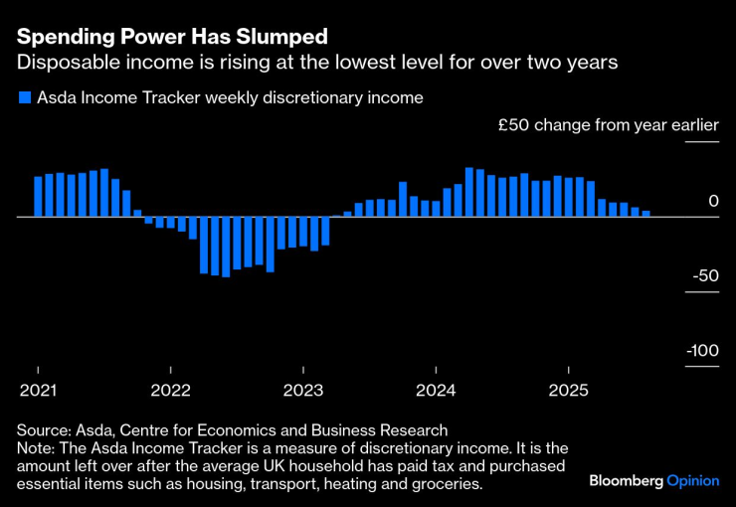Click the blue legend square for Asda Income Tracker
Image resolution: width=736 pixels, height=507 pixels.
(x=23, y=98)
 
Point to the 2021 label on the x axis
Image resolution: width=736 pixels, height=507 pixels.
(x=38, y=390)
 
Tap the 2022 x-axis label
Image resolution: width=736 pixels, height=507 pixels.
(x=170, y=390)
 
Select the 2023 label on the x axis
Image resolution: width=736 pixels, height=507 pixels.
(x=303, y=390)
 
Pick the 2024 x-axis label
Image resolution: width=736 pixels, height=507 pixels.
(x=436, y=390)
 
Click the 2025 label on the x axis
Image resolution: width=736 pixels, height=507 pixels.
(x=568, y=390)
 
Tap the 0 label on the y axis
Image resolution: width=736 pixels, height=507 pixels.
(x=712, y=201)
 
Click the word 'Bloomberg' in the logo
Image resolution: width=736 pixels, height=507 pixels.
(x=626, y=480)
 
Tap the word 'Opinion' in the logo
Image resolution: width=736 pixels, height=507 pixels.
(x=692, y=480)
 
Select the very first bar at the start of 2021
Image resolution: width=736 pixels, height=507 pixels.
(x=38, y=196)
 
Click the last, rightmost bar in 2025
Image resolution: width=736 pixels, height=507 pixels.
(x=645, y=213)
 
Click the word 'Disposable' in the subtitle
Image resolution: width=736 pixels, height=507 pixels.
(x=61, y=63)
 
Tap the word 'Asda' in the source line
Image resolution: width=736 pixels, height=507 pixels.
(x=96, y=430)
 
